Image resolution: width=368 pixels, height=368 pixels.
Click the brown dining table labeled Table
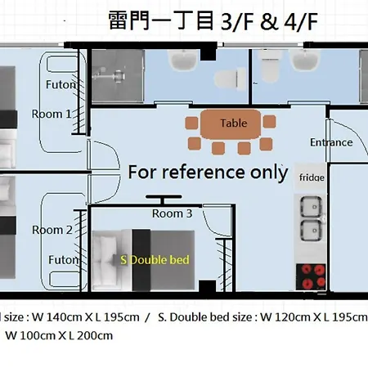pyautogui.click(x=231, y=124)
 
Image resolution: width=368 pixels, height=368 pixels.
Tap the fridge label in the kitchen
pyautogui.click(x=312, y=177)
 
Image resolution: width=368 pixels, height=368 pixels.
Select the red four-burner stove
pyautogui.click(x=311, y=276)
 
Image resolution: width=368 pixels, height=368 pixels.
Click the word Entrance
pyautogui.click(x=331, y=142)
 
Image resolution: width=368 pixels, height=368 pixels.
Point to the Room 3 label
pyautogui.click(x=173, y=213)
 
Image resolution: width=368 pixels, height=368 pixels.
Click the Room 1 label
pyautogui.click(x=52, y=114)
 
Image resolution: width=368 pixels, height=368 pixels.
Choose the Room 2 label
pyautogui.click(x=52, y=230)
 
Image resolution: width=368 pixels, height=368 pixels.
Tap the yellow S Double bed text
pyautogui.click(x=155, y=260)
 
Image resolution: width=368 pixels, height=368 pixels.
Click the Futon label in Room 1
pyautogui.click(x=61, y=84)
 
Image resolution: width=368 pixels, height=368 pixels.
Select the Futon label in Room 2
pyautogui.click(x=64, y=260)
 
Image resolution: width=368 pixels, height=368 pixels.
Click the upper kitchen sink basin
pyautogui.click(x=311, y=207)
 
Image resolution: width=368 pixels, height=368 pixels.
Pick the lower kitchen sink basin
pyautogui.click(x=311, y=231)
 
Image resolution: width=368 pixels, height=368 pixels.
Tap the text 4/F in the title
pyautogui.click(x=301, y=22)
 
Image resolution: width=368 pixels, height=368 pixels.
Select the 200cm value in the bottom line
pyautogui.click(x=95, y=335)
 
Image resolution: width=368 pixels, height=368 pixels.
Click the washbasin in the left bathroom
pyautogui.click(x=183, y=61)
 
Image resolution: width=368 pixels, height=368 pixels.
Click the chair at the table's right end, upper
pyautogui.click(x=269, y=122)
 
